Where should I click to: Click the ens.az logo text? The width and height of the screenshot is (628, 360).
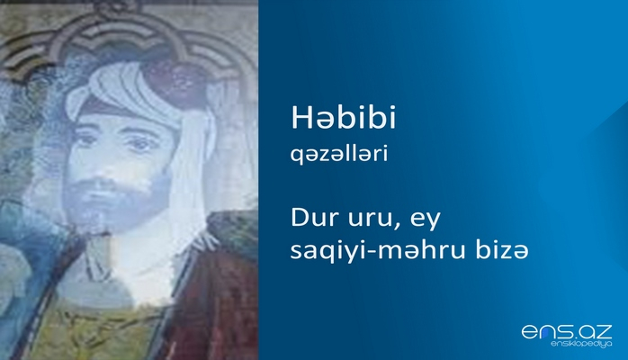pos(567,331)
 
